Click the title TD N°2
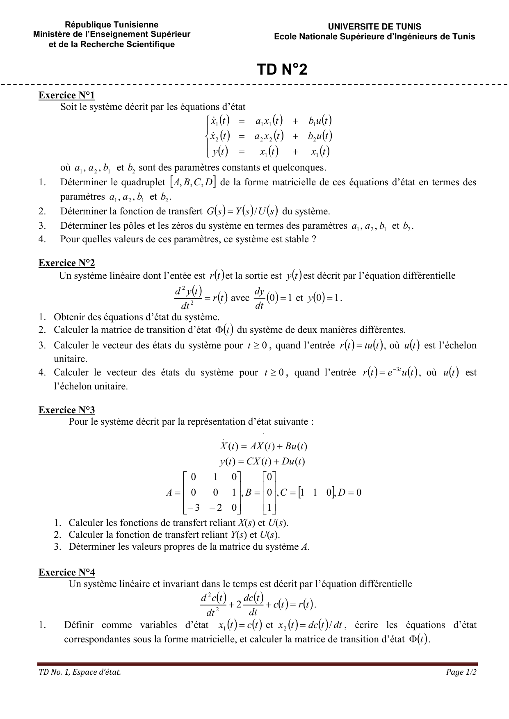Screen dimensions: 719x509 point(282,70)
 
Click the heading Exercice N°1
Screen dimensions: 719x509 point(66,96)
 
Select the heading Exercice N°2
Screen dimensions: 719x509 point(66,263)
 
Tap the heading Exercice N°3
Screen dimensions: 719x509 point(66,410)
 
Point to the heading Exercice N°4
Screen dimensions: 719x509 point(66,572)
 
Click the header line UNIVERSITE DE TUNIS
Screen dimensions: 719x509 point(374,27)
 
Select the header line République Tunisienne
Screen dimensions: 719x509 point(112,25)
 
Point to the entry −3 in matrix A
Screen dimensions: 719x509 point(193,508)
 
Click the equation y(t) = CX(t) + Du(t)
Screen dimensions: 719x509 point(262,462)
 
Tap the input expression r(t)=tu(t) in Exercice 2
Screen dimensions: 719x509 point(362,346)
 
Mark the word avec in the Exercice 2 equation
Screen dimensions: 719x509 point(240,298)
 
